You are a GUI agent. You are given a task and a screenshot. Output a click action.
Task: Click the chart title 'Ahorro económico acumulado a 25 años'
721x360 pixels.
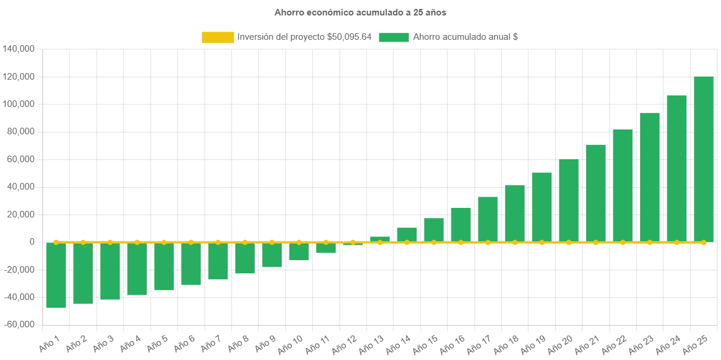coord(360,12)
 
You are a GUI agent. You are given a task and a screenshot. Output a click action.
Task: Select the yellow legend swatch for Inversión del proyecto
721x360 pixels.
coord(218,37)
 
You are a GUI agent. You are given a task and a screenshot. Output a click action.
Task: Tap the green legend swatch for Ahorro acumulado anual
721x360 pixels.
coord(393,37)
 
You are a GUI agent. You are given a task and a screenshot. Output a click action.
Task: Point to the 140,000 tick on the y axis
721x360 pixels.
coord(18,49)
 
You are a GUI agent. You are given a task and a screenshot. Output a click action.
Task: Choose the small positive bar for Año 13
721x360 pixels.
coord(380,239)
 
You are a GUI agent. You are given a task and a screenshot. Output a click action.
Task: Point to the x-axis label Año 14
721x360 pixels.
coord(398,343)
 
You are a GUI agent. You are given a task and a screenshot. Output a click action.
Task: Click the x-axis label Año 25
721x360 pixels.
coord(695,343)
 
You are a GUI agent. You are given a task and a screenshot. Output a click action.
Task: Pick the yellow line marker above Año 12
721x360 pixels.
coord(353,242)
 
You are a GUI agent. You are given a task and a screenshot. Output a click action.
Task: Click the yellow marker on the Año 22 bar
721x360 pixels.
coord(622,242)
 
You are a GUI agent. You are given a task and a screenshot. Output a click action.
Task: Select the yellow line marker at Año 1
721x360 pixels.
coord(56,242)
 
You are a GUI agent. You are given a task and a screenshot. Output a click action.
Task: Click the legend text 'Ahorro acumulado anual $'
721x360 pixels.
coord(465,37)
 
